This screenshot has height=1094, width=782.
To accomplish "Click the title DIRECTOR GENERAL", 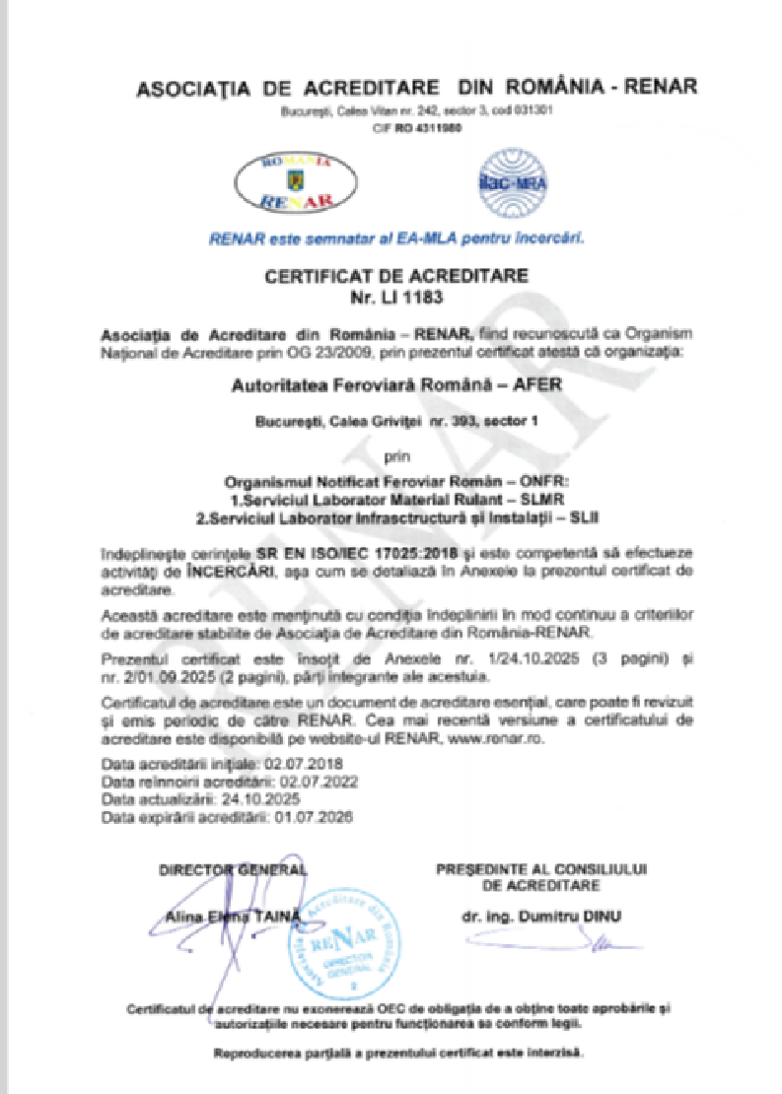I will (x=233, y=869).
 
